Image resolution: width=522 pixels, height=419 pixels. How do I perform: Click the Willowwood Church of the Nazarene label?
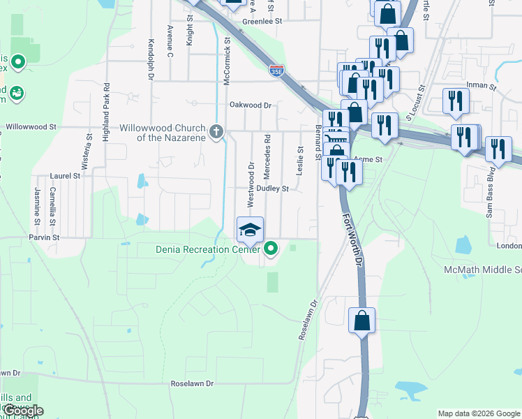[161, 133]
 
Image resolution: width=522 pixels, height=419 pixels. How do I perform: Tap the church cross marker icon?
[216, 131]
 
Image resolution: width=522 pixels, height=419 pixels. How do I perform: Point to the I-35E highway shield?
[276, 69]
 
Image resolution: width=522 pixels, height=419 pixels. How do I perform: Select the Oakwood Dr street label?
[250, 105]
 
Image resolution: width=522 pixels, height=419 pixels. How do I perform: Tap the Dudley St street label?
[272, 189]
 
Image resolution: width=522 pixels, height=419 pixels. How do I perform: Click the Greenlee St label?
[261, 22]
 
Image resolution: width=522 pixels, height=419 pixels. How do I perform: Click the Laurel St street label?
[66, 177]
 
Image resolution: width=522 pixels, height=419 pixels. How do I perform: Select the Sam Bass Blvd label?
[491, 201]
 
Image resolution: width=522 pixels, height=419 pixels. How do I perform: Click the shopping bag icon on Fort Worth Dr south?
[362, 321]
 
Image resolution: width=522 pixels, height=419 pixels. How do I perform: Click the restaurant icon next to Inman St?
[456, 101]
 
